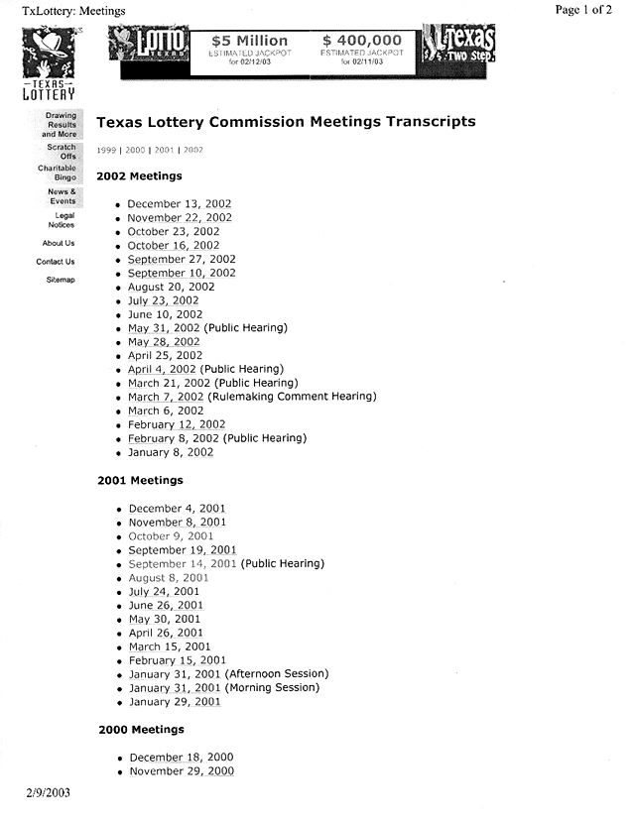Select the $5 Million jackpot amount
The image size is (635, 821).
251,41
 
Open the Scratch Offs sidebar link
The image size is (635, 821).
62,152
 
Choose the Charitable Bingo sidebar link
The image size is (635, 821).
59,174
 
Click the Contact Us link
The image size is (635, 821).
56,262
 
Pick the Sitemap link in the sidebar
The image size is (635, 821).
61,280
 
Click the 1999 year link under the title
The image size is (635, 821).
106,150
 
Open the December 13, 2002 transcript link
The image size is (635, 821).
180,204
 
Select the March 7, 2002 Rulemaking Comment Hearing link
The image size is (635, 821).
166,397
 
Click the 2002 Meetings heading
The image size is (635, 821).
139,176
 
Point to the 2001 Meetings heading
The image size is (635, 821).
140,481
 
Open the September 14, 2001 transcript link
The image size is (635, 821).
183,564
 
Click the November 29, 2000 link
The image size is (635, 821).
182,771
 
